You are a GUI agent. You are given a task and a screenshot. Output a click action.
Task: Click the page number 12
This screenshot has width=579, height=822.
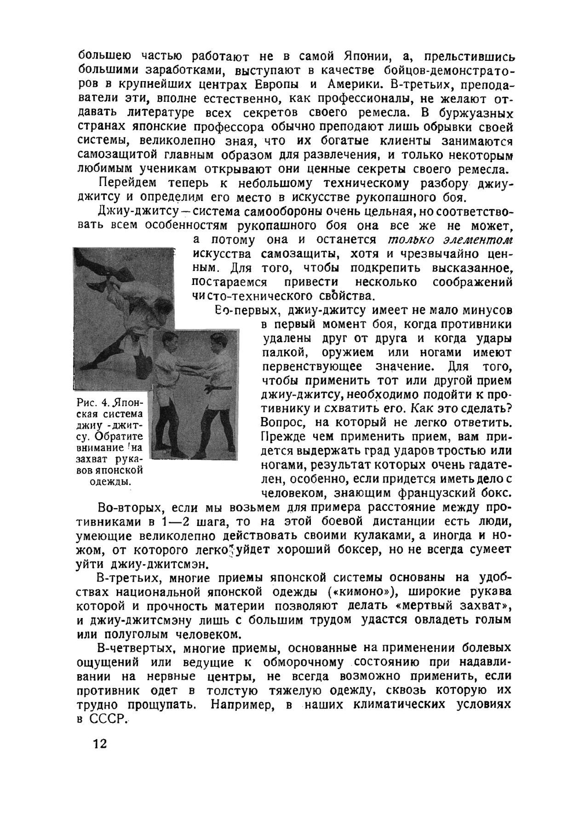point(99,743)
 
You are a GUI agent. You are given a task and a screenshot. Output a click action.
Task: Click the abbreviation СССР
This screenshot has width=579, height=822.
point(107,718)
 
